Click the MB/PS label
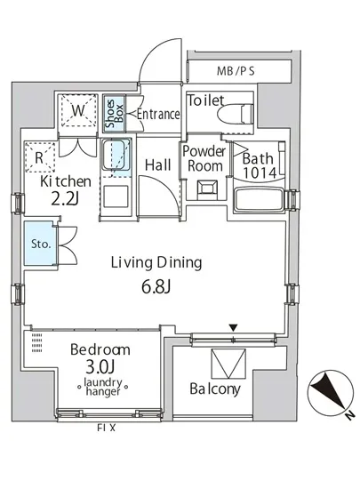(x=236, y=71)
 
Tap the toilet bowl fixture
(x=236, y=114)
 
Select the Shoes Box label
(x=114, y=114)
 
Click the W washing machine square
(x=78, y=110)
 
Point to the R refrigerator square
(x=40, y=156)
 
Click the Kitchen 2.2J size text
(x=65, y=199)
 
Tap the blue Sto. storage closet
(x=41, y=244)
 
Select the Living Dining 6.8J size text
(x=156, y=287)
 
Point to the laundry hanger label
(x=103, y=387)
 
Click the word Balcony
(x=215, y=389)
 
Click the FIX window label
(x=107, y=428)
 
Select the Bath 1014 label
(x=259, y=165)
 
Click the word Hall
(x=158, y=164)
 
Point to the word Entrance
(x=158, y=114)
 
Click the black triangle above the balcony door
(x=233, y=328)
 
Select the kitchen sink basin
(x=116, y=155)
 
